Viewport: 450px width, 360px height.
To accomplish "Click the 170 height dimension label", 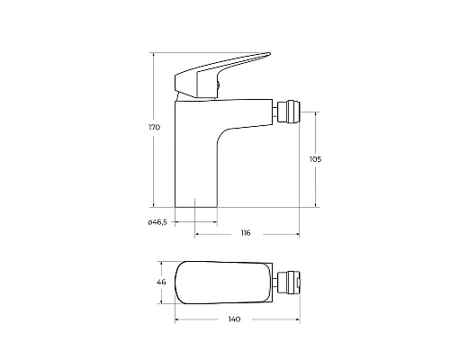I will point(154,128).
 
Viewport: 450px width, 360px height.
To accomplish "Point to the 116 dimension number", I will point(245,234).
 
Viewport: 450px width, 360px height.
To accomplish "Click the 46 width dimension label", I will point(162,283).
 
